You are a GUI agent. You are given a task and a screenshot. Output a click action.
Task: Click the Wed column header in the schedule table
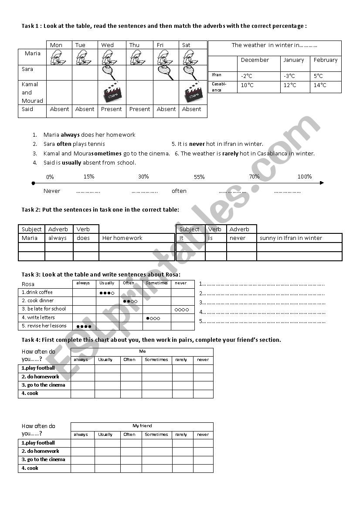coord(107,45)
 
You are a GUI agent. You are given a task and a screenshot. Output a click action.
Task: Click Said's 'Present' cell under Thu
coord(139,109)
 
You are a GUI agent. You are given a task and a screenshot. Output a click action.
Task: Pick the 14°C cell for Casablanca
coord(319,85)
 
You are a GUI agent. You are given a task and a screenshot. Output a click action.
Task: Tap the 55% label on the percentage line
coord(199,177)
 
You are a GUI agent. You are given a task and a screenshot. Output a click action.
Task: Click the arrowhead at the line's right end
coord(322,183)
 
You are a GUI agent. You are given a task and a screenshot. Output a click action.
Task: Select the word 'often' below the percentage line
coord(179,191)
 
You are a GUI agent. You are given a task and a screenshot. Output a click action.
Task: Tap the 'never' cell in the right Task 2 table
coord(238,238)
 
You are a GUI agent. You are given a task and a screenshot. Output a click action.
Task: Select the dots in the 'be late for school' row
coord(182,310)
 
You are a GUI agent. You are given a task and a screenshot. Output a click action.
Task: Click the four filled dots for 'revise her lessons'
coord(84,326)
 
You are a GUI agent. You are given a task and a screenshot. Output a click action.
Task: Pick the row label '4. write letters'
coord(38,318)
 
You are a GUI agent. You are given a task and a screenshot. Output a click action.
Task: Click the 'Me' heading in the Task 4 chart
coord(143,351)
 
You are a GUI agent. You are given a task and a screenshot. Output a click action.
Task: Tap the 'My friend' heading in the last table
coord(143,426)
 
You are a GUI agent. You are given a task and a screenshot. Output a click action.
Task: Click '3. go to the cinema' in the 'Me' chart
coord(44,385)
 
